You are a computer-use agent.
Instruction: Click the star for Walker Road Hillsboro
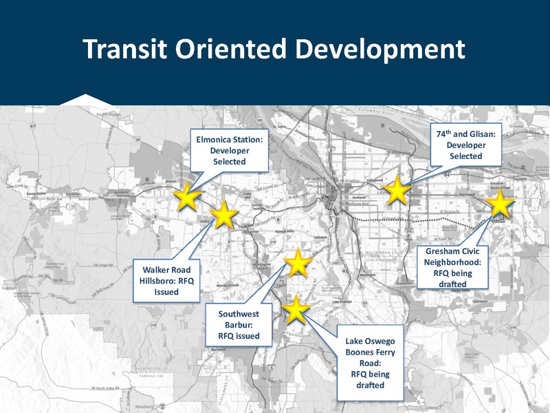(x=223, y=215)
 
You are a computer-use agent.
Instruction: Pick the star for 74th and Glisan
(x=397, y=190)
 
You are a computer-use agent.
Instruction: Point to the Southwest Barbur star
(x=298, y=263)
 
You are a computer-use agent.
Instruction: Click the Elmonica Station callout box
(x=230, y=151)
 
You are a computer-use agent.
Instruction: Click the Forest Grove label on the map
(x=40, y=195)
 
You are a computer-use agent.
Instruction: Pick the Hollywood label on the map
(x=375, y=180)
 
